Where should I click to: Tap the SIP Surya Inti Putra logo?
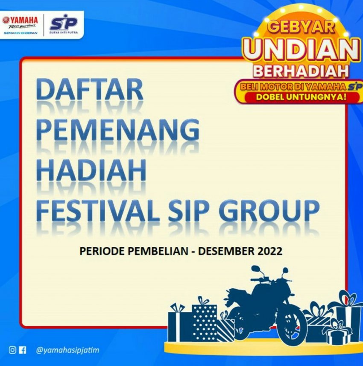pos(64,25)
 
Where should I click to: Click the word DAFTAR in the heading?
pos(90,89)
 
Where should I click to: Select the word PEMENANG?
pos(118,129)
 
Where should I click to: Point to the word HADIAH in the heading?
pos(91,170)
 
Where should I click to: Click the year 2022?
pos(270,251)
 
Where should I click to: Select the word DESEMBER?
pos(226,251)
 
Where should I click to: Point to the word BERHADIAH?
pos(301,71)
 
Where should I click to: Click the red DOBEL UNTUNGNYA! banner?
pos(301,97)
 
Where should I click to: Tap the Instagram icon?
pos(13,350)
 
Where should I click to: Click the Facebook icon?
pos(22,350)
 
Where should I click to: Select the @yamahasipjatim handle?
pos(67,350)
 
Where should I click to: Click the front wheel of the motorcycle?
pos(291,325)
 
